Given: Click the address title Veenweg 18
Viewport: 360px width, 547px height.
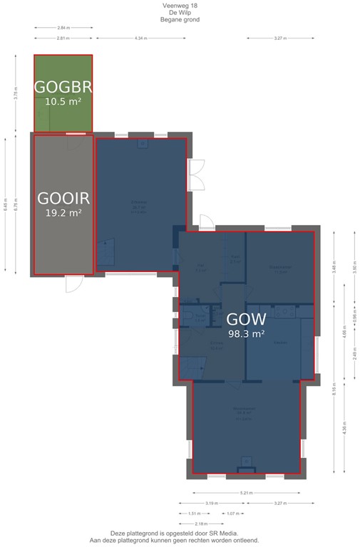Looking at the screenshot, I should click(180, 5).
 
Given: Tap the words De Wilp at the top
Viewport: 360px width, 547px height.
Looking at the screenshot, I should click(180, 12).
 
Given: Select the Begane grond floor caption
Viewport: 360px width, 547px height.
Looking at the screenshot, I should click(180, 20).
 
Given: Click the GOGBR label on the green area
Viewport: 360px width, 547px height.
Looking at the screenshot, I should click(63, 87).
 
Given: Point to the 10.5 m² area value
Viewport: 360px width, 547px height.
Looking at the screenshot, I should click(63, 102).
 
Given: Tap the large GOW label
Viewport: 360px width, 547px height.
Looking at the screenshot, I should click(246, 319).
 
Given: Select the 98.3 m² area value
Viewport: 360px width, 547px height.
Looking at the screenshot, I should click(246, 333).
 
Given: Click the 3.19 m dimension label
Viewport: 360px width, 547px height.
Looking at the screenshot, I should click(211, 503).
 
